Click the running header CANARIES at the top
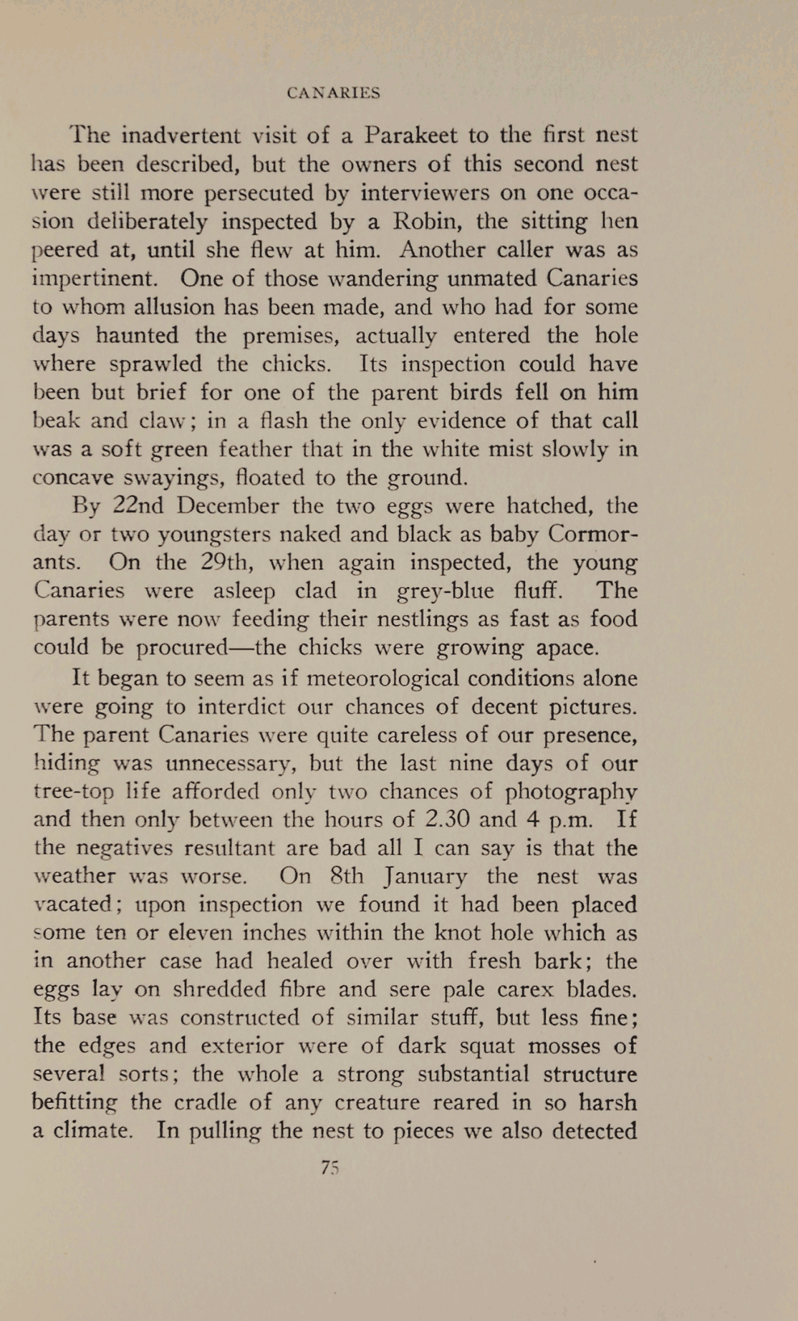point(333,93)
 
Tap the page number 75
point(330,1167)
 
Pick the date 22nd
point(138,505)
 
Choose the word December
point(226,505)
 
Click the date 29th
point(223,562)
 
